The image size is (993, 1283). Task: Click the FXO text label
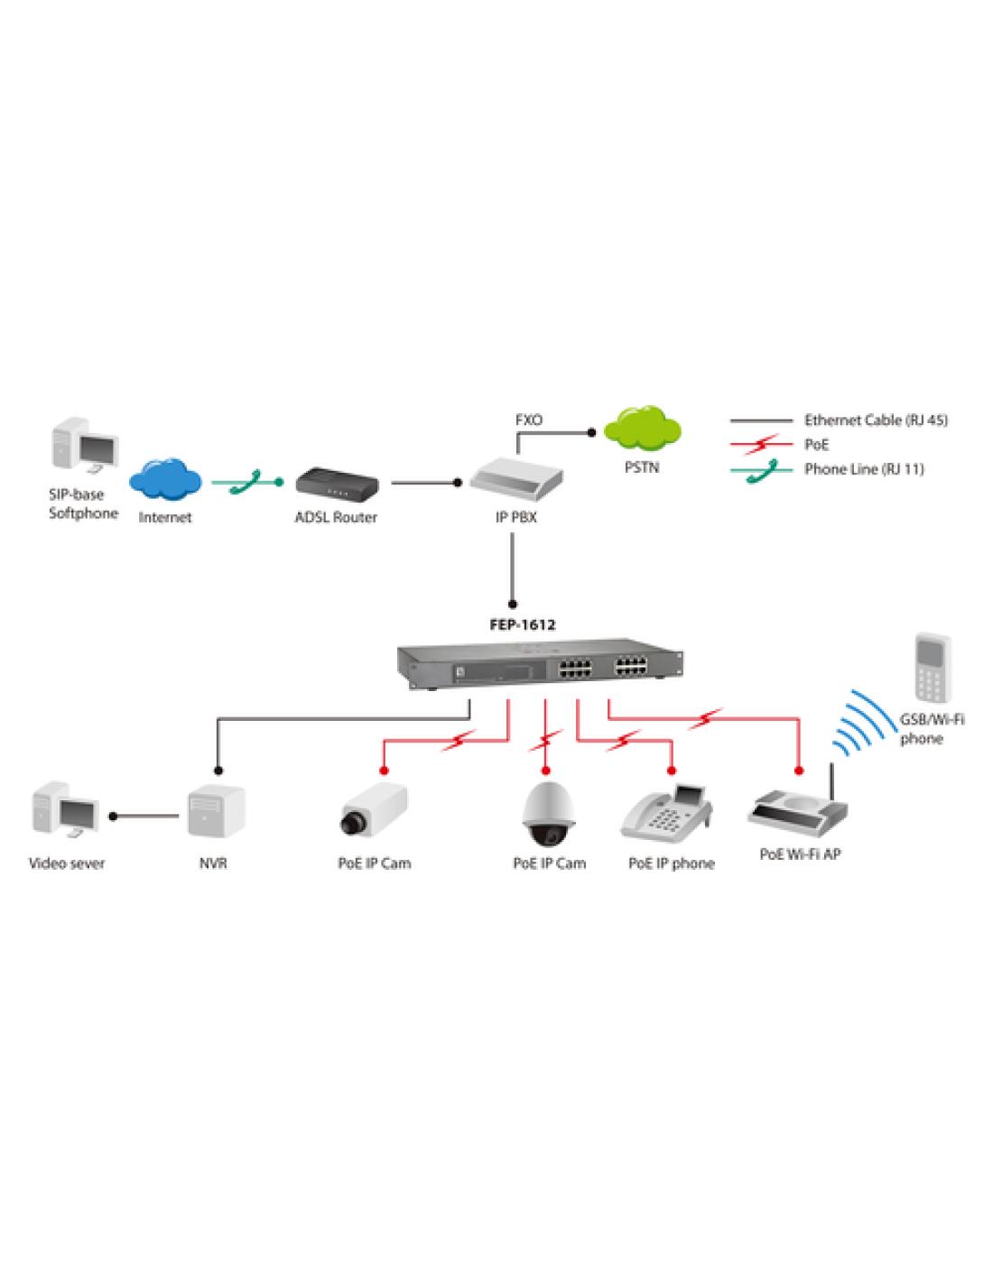(528, 420)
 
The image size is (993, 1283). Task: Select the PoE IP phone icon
(668, 808)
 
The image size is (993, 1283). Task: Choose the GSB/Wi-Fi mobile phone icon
(931, 668)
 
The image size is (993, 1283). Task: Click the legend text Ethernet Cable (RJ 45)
(876, 420)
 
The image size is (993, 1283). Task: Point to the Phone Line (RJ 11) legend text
(864, 469)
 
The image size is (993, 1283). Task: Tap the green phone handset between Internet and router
(246, 482)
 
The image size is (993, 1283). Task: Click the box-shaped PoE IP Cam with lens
(373, 808)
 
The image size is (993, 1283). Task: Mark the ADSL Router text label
(336, 518)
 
